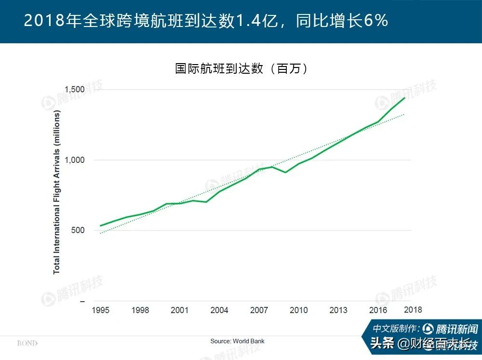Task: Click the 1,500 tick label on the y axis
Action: pyautogui.click(x=75, y=90)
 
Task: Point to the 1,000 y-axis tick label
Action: pyautogui.click(x=75, y=160)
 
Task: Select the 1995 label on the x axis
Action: pyautogui.click(x=100, y=310)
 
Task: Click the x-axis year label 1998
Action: pyautogui.click(x=140, y=310)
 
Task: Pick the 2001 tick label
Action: pyautogui.click(x=179, y=310)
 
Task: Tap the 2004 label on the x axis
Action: pyautogui.click(x=219, y=310)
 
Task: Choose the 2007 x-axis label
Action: pyautogui.click(x=259, y=310)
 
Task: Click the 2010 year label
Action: pyautogui.click(x=298, y=310)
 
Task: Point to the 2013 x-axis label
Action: pyautogui.click(x=338, y=310)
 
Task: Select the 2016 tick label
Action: pyautogui.click(x=378, y=310)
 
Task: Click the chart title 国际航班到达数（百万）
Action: pyautogui.click(x=241, y=68)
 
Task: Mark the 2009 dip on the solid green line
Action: pyautogui.click(x=285, y=172)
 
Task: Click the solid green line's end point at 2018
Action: pyautogui.click(x=404, y=98)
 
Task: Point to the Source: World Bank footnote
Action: pyautogui.click(x=237, y=341)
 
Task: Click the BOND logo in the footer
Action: pyautogui.click(x=27, y=343)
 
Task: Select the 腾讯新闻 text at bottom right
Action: pyautogui.click(x=456, y=329)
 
